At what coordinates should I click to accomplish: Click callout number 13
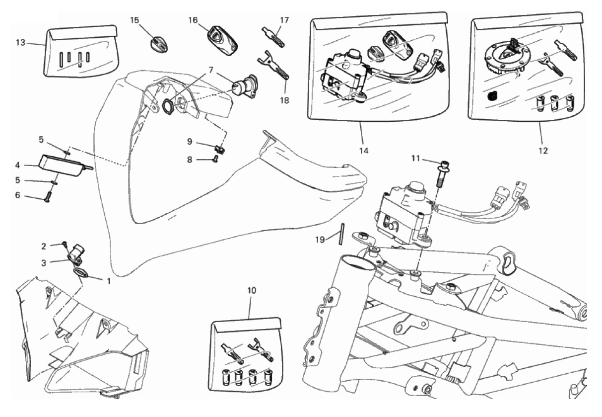[x=20, y=43]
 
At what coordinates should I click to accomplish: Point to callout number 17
[x=284, y=20]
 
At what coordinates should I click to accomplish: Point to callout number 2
[x=44, y=246]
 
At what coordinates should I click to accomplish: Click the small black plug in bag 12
[x=492, y=96]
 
